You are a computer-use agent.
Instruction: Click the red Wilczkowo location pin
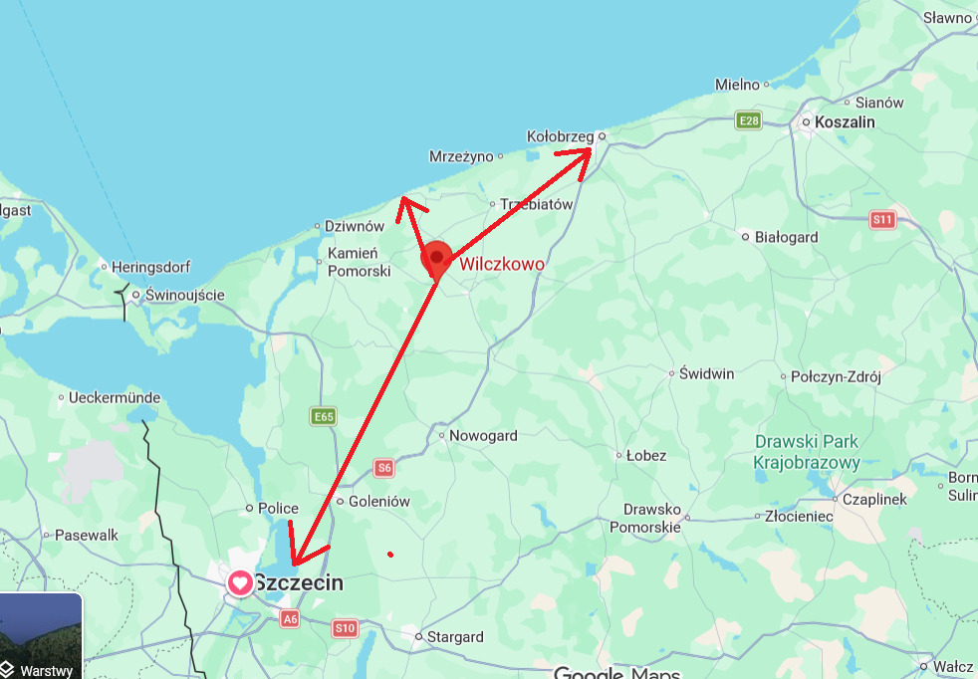(436, 260)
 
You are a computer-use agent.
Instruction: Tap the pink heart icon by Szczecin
(240, 582)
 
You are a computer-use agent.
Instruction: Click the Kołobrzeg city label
(559, 136)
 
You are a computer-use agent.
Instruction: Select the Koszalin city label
(845, 121)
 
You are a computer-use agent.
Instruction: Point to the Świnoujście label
(184, 295)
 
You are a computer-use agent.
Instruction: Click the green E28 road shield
(748, 120)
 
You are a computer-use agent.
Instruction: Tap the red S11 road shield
(882, 219)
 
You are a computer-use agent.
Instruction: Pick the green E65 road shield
(323, 416)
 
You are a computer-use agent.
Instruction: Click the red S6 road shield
(384, 467)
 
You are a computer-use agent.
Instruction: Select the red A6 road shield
(289, 618)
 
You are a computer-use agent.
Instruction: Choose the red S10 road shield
(345, 628)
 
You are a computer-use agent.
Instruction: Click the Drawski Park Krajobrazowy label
(807, 452)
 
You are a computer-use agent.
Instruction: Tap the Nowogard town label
(483, 435)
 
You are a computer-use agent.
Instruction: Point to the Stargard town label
(454, 637)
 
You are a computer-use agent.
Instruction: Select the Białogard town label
(785, 237)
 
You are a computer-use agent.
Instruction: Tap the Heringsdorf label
(150, 268)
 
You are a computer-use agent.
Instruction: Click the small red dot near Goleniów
(390, 554)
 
